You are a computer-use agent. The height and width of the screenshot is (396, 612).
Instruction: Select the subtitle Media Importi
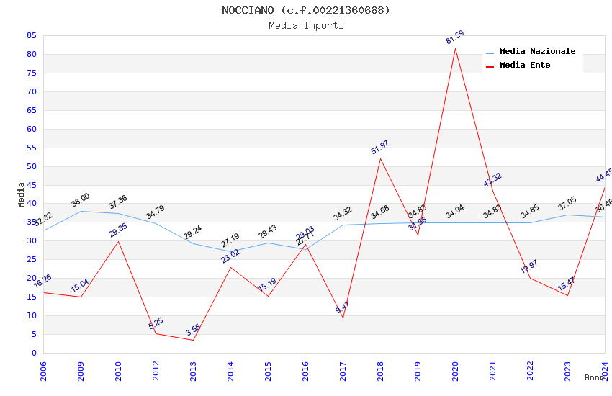tap(306, 25)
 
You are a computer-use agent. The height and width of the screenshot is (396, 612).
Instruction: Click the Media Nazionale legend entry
tap(537, 52)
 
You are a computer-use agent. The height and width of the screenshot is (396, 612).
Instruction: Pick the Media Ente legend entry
tap(525, 66)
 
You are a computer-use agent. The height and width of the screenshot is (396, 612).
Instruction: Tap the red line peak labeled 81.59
tap(455, 48)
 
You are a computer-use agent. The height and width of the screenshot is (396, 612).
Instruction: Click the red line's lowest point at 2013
tap(193, 340)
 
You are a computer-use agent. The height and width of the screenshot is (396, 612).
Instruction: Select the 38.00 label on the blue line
tap(80, 199)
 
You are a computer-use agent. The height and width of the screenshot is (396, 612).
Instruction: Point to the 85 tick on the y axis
tap(31, 35)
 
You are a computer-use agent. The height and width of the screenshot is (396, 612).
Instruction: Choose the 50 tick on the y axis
tap(31, 166)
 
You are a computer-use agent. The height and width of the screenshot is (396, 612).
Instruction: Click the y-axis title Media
tap(22, 194)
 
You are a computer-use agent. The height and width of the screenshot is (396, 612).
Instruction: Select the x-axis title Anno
tap(594, 377)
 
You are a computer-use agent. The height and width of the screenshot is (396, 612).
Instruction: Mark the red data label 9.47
tap(342, 310)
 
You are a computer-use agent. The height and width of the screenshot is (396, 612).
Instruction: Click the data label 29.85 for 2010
tap(117, 230)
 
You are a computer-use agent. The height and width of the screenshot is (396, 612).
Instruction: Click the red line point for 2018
tap(380, 158)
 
